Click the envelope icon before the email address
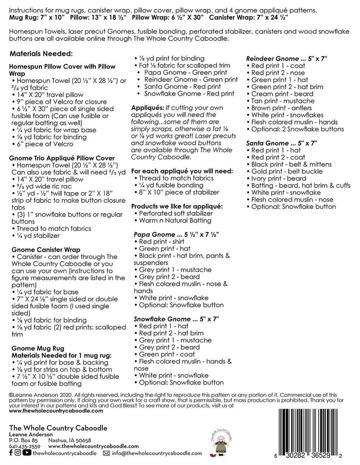pyautogui.click(x=106, y=453)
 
